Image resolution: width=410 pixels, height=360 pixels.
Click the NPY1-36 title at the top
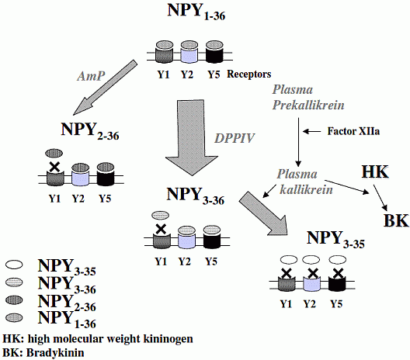point(196,12)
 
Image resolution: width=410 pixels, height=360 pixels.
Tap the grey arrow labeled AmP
point(105,87)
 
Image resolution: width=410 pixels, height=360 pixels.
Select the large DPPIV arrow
point(191,137)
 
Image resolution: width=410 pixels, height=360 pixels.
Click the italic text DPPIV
point(235,138)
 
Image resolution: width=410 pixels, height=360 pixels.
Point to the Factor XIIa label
point(353,131)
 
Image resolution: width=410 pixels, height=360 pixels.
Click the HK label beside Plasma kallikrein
point(375,172)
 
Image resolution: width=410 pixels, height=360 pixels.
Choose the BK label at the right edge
point(396,220)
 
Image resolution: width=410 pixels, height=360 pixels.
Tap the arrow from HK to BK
point(380,197)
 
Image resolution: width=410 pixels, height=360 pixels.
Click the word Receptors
point(249,74)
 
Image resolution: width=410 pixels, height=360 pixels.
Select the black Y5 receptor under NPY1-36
point(214,52)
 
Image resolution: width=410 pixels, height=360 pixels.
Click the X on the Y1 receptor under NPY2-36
point(54,168)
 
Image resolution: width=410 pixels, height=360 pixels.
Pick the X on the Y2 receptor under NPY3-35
point(311,274)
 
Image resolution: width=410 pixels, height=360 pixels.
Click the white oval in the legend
point(14,265)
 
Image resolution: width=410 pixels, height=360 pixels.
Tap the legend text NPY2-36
point(67,303)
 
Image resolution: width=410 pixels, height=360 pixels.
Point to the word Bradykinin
point(55,353)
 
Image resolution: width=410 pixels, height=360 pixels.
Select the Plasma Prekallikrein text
point(308,98)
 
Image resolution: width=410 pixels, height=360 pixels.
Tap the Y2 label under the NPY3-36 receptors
point(185,261)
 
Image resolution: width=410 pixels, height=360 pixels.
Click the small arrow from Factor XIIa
point(311,131)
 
